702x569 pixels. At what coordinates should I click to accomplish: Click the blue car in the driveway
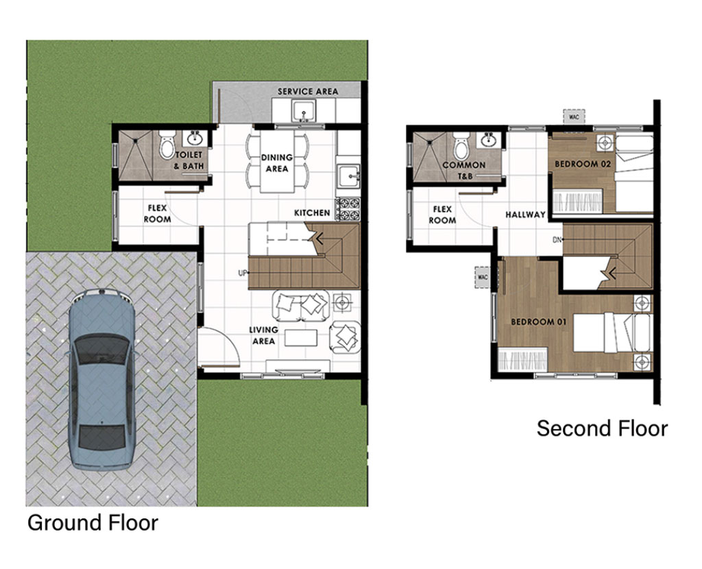(x=101, y=380)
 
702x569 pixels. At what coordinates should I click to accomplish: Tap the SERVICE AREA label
(x=308, y=91)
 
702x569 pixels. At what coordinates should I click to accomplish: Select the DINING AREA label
(x=277, y=163)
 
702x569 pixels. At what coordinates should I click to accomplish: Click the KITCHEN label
(x=312, y=213)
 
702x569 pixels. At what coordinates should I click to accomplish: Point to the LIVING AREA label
(x=263, y=335)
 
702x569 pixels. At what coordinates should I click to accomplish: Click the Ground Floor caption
(x=93, y=522)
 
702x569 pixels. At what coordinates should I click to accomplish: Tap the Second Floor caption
(x=602, y=428)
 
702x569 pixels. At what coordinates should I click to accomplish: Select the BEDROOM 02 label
(x=583, y=164)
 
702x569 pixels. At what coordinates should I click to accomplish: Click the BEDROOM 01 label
(x=539, y=322)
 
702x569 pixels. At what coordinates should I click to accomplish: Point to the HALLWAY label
(x=526, y=215)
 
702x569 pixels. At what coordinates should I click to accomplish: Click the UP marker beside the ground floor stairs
(x=242, y=273)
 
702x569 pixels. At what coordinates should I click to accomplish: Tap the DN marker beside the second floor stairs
(x=557, y=240)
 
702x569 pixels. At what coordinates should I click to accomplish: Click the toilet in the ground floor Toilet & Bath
(x=167, y=144)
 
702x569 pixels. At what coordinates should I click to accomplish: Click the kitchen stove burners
(x=348, y=209)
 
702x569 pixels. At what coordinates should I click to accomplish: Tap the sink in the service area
(x=304, y=110)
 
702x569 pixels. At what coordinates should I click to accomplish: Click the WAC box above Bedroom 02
(x=574, y=117)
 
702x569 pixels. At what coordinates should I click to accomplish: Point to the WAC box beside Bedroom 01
(x=483, y=277)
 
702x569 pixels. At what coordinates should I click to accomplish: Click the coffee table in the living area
(x=301, y=337)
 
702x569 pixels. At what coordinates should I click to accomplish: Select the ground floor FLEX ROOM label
(x=157, y=213)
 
